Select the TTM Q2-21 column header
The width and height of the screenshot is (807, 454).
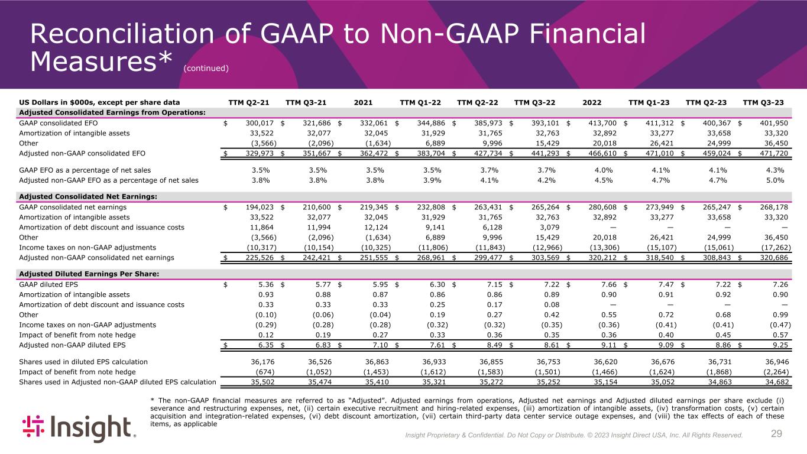(249, 102)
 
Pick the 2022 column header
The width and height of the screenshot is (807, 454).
(592, 102)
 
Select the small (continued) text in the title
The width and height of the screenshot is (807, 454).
(205, 68)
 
